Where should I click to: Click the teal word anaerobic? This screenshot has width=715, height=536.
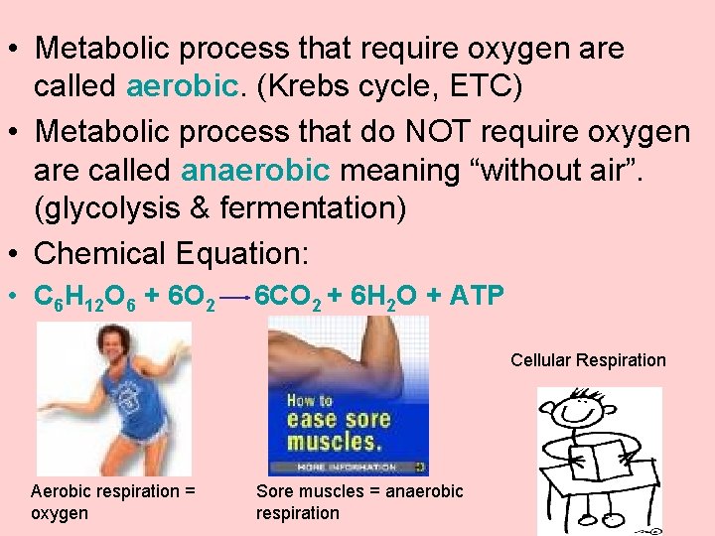[256, 170]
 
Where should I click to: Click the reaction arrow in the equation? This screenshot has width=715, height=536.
[234, 297]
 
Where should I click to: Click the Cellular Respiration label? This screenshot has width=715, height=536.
[588, 360]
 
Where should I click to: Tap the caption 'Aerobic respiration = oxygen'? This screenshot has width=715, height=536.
[112, 501]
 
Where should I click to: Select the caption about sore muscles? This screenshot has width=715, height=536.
[359, 501]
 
